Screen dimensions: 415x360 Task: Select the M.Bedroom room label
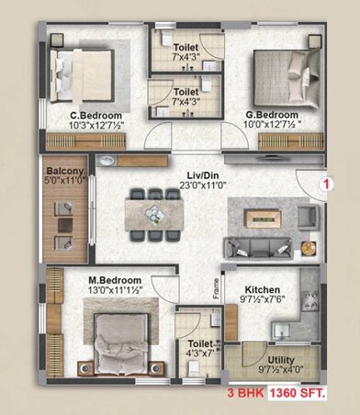click(115, 279)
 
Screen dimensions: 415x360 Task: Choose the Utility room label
click(281, 361)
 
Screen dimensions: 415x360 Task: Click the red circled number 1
click(325, 183)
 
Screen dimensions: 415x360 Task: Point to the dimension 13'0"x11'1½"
click(115, 290)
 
